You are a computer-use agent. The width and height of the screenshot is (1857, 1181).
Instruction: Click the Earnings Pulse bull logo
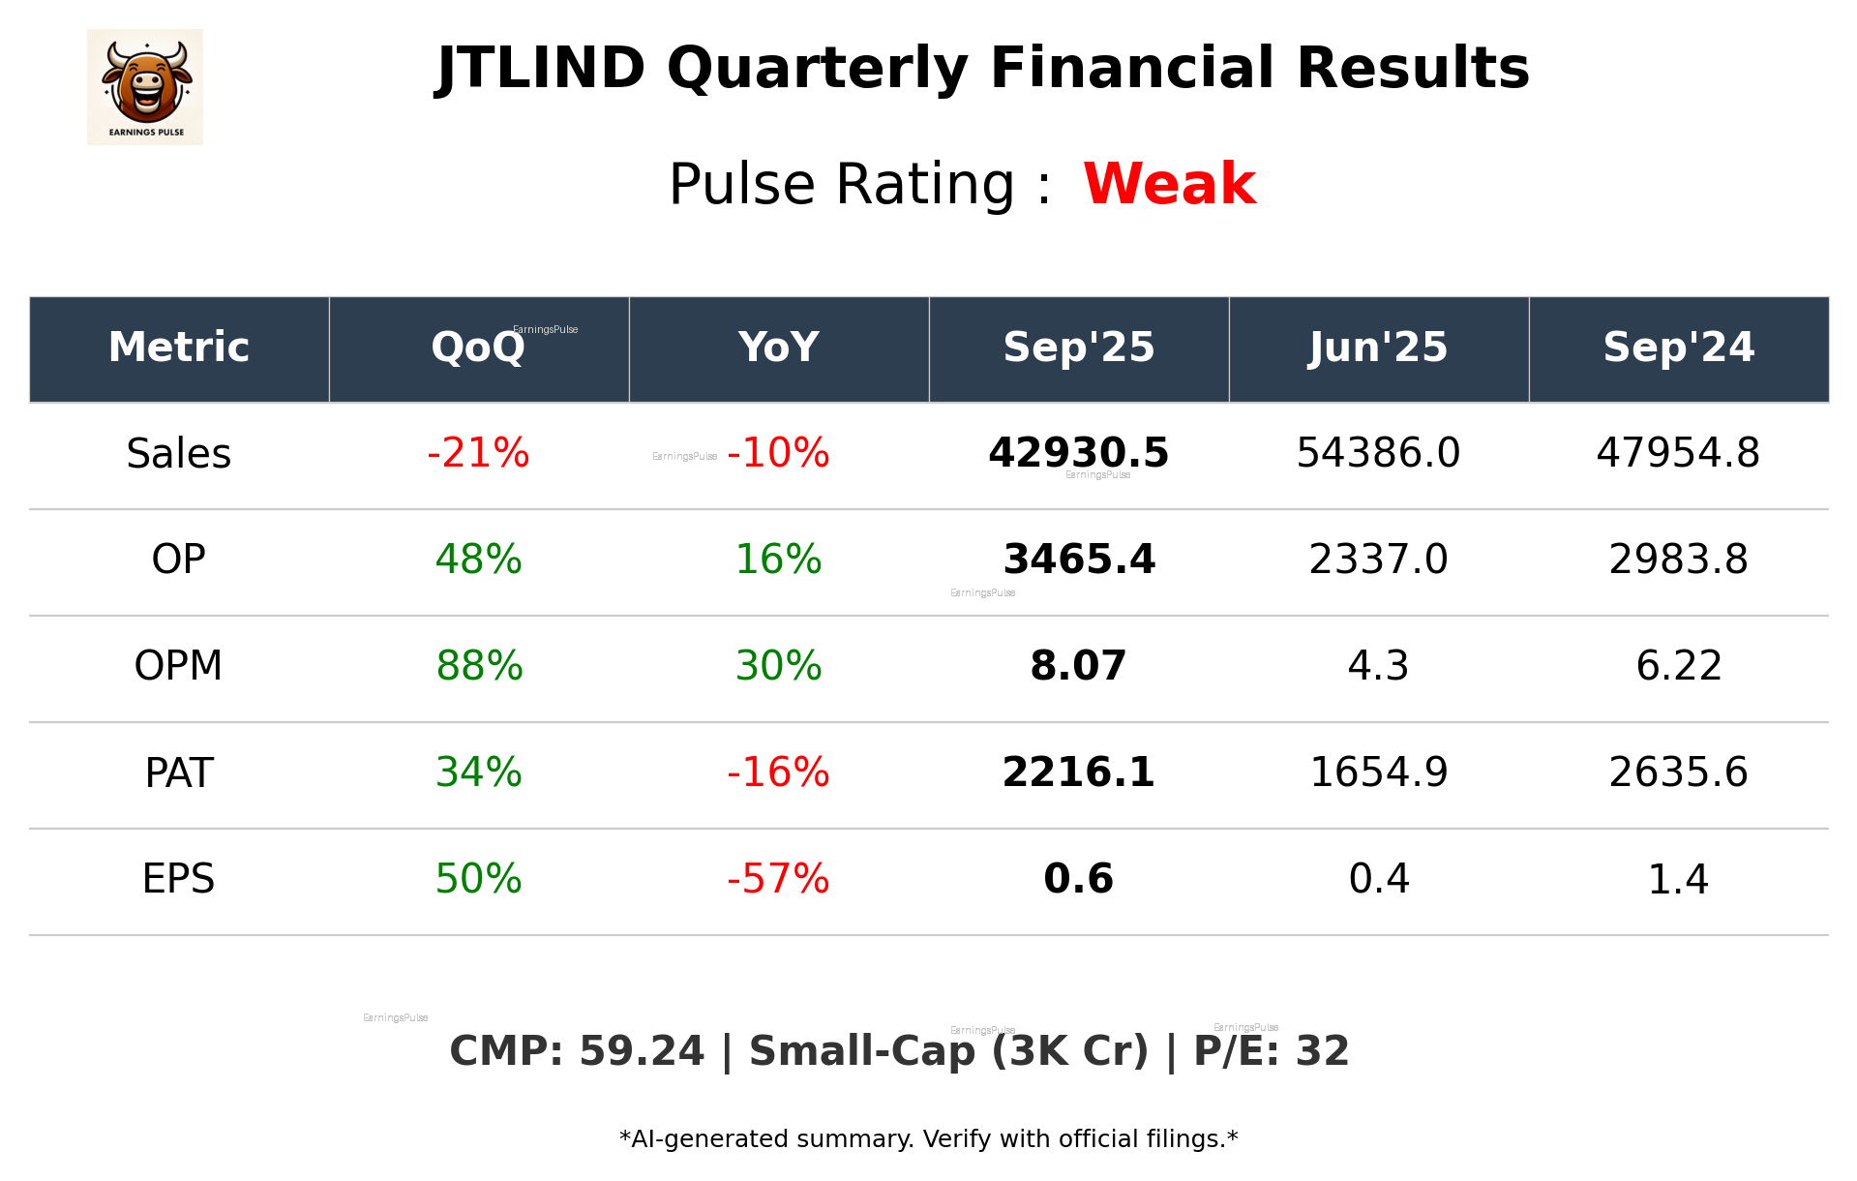[145, 87]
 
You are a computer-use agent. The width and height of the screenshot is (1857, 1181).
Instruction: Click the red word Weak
[1169, 184]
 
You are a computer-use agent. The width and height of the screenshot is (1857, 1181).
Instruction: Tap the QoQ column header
[478, 348]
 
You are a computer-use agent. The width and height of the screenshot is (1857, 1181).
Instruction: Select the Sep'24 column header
[1678, 348]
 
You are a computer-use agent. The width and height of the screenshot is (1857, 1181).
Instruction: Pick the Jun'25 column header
[1378, 348]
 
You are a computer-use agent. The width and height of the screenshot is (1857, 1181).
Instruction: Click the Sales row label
[179, 454]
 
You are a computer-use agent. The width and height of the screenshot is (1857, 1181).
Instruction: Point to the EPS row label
[179, 879]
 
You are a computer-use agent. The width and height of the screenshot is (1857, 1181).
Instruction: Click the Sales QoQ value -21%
[478, 453]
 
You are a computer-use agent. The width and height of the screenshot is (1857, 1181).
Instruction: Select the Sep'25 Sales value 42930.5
[1078, 453]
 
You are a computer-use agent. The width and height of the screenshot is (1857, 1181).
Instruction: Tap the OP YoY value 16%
[778, 560]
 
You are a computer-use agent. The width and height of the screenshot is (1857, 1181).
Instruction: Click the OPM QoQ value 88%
[479, 666]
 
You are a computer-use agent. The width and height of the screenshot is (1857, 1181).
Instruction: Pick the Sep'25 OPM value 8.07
[1078, 666]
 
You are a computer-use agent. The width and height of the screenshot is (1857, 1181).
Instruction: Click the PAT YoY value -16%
[778, 772]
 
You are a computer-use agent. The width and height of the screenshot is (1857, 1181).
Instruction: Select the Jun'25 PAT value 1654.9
[1378, 772]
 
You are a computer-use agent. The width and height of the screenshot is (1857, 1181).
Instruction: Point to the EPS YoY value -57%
[778, 879]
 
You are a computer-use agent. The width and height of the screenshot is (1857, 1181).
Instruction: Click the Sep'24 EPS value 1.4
[1678, 879]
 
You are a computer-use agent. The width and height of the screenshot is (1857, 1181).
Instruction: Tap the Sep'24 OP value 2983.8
[1678, 560]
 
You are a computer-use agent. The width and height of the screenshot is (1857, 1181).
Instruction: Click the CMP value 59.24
[642, 1051]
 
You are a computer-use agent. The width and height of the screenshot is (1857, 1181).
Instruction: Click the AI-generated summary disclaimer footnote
[928, 1139]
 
